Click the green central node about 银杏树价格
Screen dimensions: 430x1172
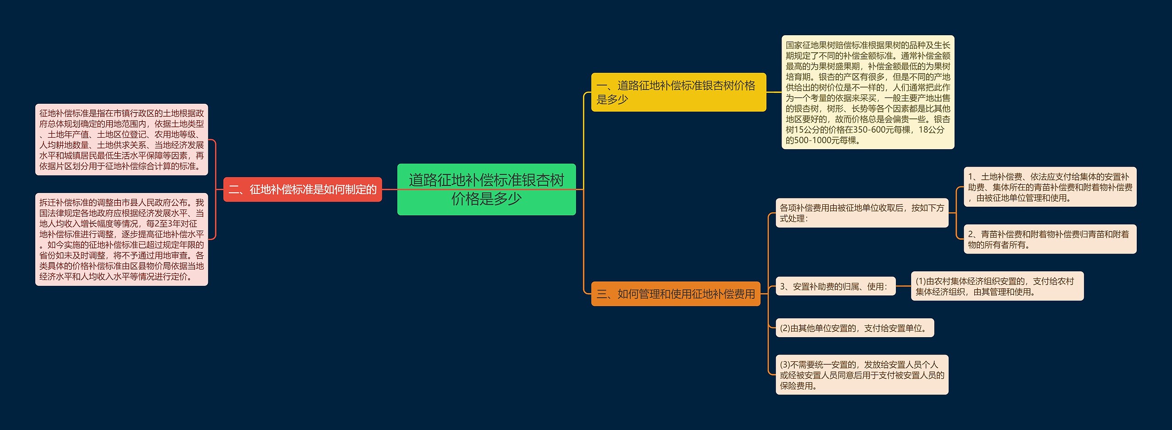point(486,189)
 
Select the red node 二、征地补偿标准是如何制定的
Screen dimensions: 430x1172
point(302,189)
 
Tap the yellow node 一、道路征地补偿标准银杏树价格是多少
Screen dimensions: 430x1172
point(678,92)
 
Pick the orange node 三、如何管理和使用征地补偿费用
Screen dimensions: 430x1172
point(675,294)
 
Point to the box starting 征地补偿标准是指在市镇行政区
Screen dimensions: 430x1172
point(121,140)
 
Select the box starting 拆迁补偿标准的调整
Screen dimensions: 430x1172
point(121,239)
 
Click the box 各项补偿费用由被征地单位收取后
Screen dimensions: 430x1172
point(862,213)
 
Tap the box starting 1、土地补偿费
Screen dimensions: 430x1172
point(1050,187)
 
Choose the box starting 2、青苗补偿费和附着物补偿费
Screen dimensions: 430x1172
point(1050,239)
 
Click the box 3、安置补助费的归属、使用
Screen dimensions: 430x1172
point(835,286)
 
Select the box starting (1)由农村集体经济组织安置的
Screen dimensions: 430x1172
point(997,286)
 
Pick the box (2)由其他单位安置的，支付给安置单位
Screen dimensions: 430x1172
point(854,328)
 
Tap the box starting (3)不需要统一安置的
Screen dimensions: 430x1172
point(862,375)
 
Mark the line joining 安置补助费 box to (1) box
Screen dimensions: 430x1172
point(903,286)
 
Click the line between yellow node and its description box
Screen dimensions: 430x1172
point(774,92)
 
